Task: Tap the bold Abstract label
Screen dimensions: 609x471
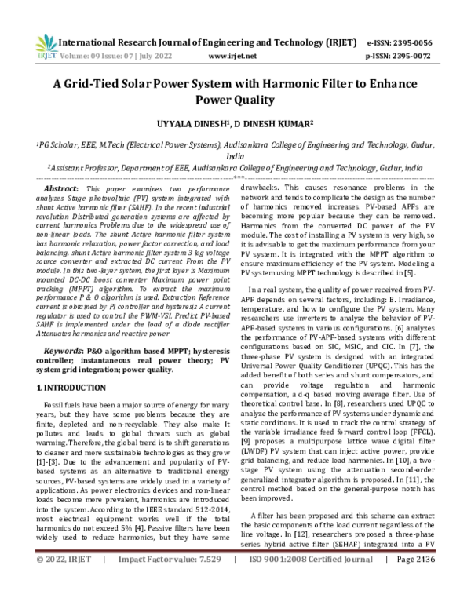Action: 60,190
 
